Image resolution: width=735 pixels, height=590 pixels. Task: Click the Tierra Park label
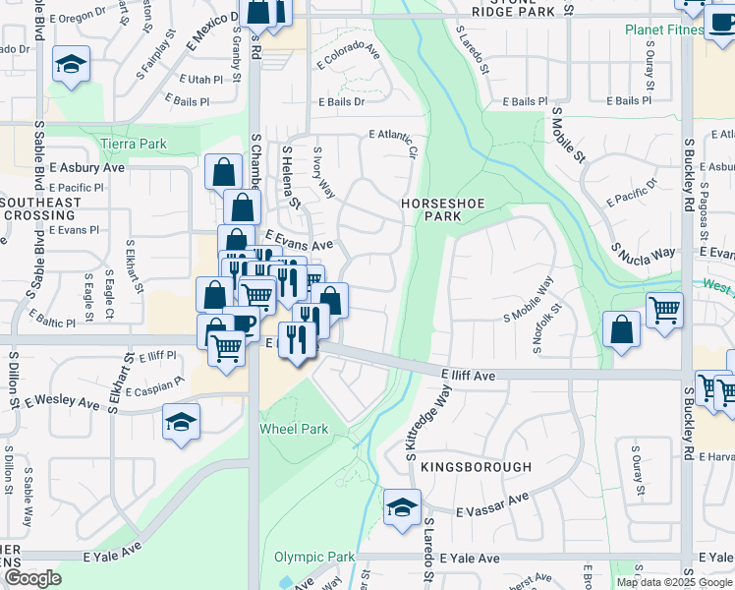134,145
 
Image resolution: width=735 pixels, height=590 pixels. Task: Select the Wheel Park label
293,429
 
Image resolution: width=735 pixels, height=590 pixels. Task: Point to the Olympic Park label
314,558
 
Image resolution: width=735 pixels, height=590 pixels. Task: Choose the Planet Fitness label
663,29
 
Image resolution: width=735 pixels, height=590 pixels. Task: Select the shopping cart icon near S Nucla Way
665,310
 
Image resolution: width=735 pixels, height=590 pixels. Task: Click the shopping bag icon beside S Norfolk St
621,328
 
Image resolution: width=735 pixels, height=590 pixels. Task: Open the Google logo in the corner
31,578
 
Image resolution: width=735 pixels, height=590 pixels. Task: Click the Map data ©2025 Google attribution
674,582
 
